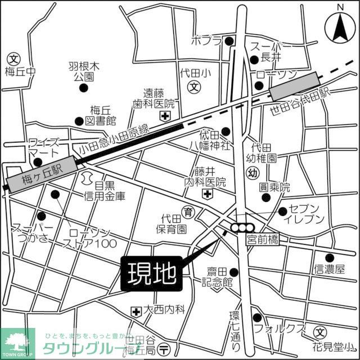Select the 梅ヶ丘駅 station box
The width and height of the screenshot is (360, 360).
(x=40, y=173)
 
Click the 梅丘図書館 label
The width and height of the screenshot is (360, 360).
(x=102, y=115)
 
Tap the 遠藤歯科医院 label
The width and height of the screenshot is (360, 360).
(x=159, y=99)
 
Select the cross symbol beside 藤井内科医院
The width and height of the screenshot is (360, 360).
(x=208, y=194)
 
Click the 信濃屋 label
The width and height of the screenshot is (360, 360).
(x=329, y=269)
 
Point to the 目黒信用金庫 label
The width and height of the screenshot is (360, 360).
(x=109, y=191)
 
